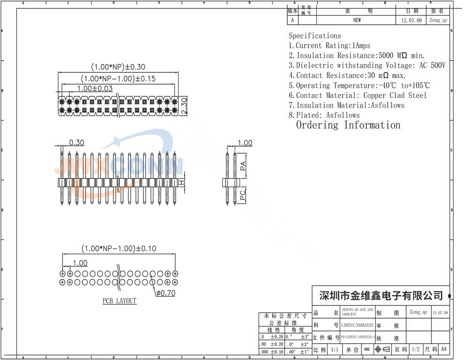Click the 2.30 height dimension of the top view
coord(184,105)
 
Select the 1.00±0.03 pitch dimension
coord(95,88)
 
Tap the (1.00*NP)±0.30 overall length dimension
coord(118,67)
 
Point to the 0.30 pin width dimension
coord(77,142)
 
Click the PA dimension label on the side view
coord(243,166)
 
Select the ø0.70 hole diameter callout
coord(165,294)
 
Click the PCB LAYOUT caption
coord(119,301)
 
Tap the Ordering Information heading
coord(348,125)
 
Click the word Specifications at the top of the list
coord(314,36)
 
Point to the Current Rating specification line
coord(329,46)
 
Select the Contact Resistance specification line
coord(347,75)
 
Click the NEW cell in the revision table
coord(357,20)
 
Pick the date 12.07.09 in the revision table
coord(412,21)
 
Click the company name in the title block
coord(381,296)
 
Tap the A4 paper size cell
coord(443,350)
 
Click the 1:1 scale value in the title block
coord(335,350)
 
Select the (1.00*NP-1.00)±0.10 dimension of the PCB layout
coord(118,248)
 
